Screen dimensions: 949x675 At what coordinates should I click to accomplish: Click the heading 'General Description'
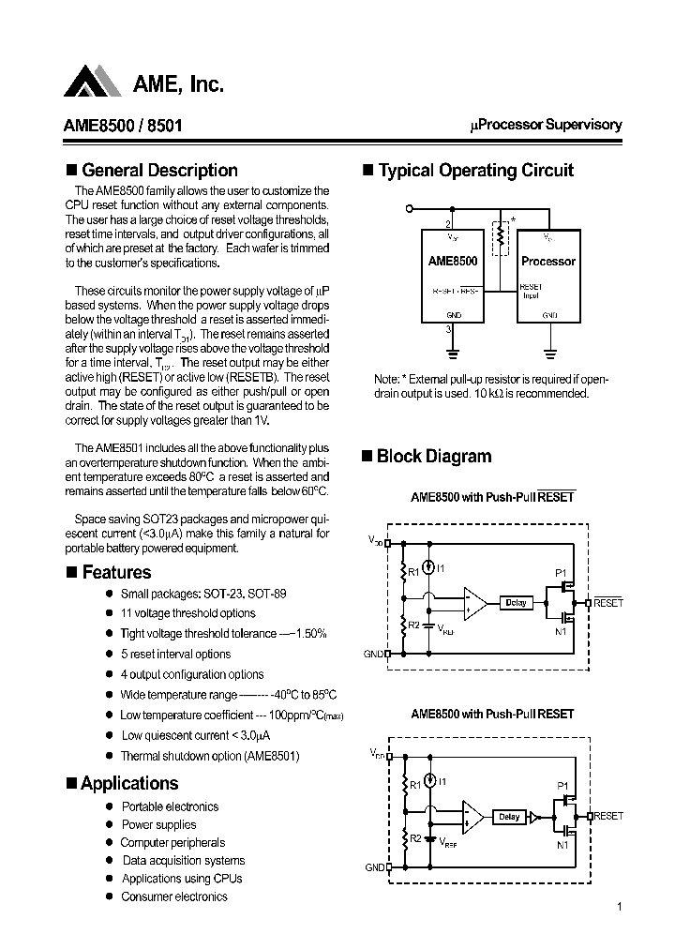(x=159, y=171)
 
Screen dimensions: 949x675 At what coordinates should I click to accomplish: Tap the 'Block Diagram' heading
(x=433, y=457)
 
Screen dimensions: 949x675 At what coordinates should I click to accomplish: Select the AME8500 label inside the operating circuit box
(x=454, y=262)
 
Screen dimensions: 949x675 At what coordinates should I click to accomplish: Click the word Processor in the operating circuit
(x=547, y=262)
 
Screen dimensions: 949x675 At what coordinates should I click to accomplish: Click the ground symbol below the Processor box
(x=548, y=354)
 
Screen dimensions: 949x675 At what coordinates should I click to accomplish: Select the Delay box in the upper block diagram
(x=516, y=603)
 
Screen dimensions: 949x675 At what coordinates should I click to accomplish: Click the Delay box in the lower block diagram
(x=509, y=817)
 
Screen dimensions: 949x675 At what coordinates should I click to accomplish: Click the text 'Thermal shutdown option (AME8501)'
(x=209, y=756)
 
